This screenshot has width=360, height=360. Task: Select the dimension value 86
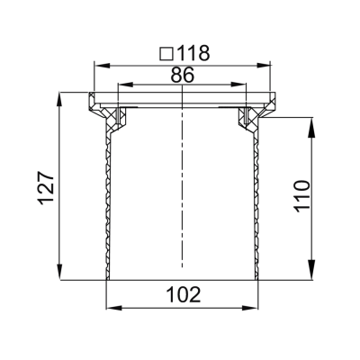[x=182, y=76]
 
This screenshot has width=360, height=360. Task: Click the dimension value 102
[x=183, y=294]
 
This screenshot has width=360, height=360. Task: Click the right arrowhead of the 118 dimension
[x=267, y=65]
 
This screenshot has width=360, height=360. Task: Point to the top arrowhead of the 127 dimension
[x=61, y=96]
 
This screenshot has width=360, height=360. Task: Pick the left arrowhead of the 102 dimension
[x=112, y=307]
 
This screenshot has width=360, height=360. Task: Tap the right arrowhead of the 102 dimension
[x=254, y=307]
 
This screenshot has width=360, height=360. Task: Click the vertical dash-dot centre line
[x=183, y=180]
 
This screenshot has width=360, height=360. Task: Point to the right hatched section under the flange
[x=248, y=117]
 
